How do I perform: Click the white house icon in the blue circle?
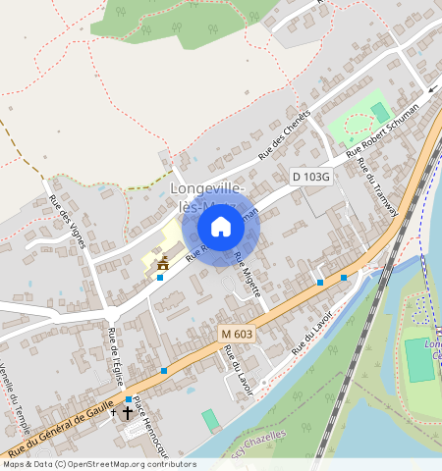pyautogui.click(x=221, y=228)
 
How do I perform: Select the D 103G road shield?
pyautogui.click(x=311, y=176)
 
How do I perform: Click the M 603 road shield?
pyautogui.click(x=237, y=334)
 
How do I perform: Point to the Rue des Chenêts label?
pyautogui.click(x=284, y=134)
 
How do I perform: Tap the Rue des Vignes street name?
pyautogui.click(x=70, y=225)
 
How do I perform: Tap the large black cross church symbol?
pyautogui.click(x=127, y=414)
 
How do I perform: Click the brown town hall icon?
pyautogui.click(x=163, y=262)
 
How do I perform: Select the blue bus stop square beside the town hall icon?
pyautogui.click(x=160, y=278)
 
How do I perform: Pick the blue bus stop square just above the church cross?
pyautogui.click(x=128, y=399)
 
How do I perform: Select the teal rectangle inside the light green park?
pyautogui.click(x=380, y=112)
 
